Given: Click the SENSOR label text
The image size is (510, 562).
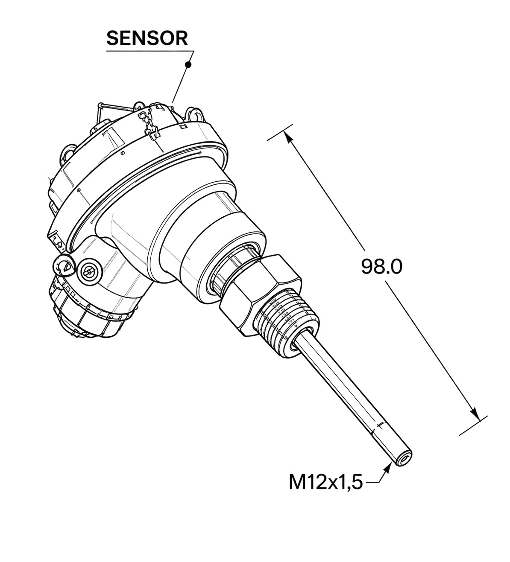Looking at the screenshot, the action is [x=147, y=38].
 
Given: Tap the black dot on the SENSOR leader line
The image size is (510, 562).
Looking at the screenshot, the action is [x=188, y=65].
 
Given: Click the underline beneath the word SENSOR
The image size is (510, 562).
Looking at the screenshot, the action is [x=150, y=51].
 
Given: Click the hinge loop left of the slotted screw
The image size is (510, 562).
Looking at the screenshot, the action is [x=64, y=264].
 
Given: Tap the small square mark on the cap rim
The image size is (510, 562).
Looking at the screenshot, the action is [x=184, y=126].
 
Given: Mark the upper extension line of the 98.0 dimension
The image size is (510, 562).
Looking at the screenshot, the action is [x=280, y=132].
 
